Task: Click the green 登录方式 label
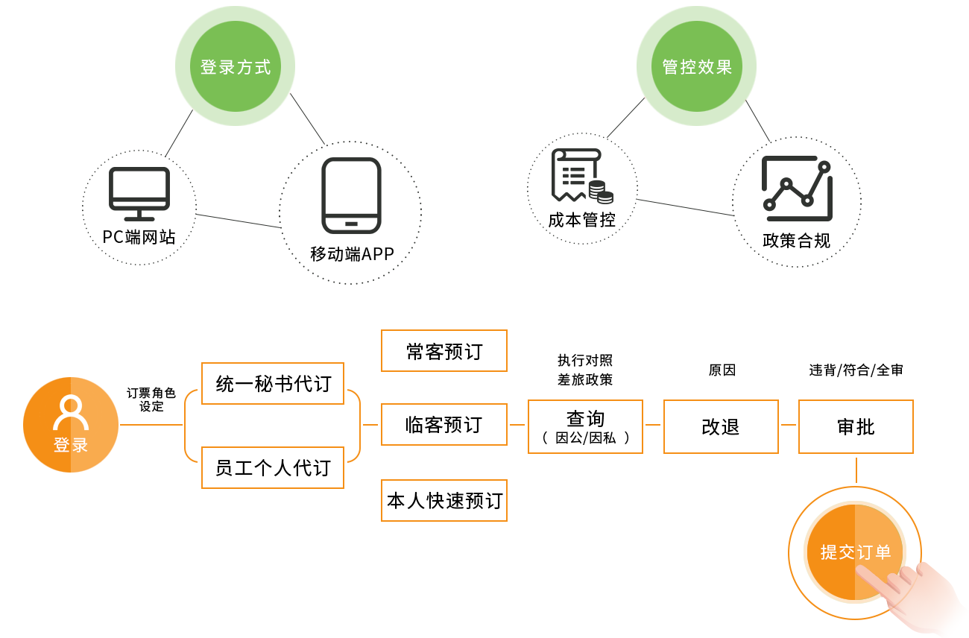pos(235,68)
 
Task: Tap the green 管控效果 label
pos(697,68)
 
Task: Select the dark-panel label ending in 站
pos(139,237)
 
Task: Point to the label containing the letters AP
pos(350,253)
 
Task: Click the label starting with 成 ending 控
pos(582,221)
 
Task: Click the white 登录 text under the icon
pos(71,446)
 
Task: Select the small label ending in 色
pos(151,396)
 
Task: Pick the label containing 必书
pos(273,385)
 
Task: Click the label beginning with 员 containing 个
pos(273,468)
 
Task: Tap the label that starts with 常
pos(444,350)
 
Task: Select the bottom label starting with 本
pos(444,501)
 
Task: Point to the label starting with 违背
pos(856,370)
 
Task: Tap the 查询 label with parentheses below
pos(587,429)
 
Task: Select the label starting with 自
pos(857,427)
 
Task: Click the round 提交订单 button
pos(855,552)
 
